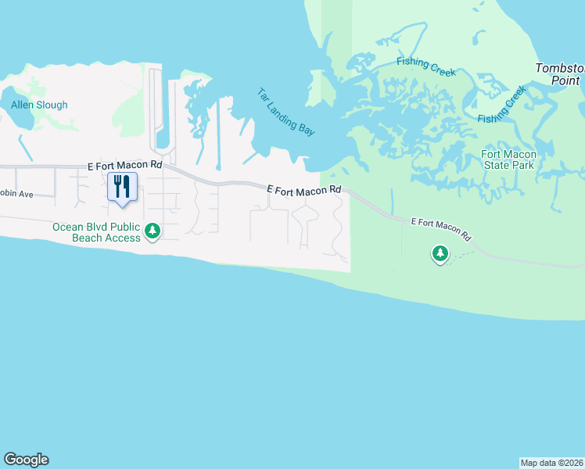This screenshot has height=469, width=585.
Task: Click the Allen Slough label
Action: coord(39,105)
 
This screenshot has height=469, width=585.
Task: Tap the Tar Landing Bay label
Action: coord(285,112)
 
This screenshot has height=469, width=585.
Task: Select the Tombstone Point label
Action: coord(560,74)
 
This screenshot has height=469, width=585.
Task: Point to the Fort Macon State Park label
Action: coord(508,159)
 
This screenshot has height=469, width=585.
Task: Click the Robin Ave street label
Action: coord(16,193)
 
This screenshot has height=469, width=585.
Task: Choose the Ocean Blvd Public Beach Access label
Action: coord(96,232)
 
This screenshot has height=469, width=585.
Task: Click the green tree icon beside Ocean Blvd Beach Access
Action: coord(153,231)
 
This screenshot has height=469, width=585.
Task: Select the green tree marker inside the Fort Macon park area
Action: coord(440,253)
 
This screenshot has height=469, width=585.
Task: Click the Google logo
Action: coord(26,460)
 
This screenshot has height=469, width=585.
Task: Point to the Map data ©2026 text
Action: coord(551,463)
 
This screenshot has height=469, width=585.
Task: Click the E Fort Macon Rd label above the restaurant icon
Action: coord(124,166)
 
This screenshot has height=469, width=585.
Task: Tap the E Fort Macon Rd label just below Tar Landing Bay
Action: coord(304,189)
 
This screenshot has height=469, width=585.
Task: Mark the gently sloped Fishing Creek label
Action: coord(425,66)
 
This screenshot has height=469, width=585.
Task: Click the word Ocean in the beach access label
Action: coord(67,227)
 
